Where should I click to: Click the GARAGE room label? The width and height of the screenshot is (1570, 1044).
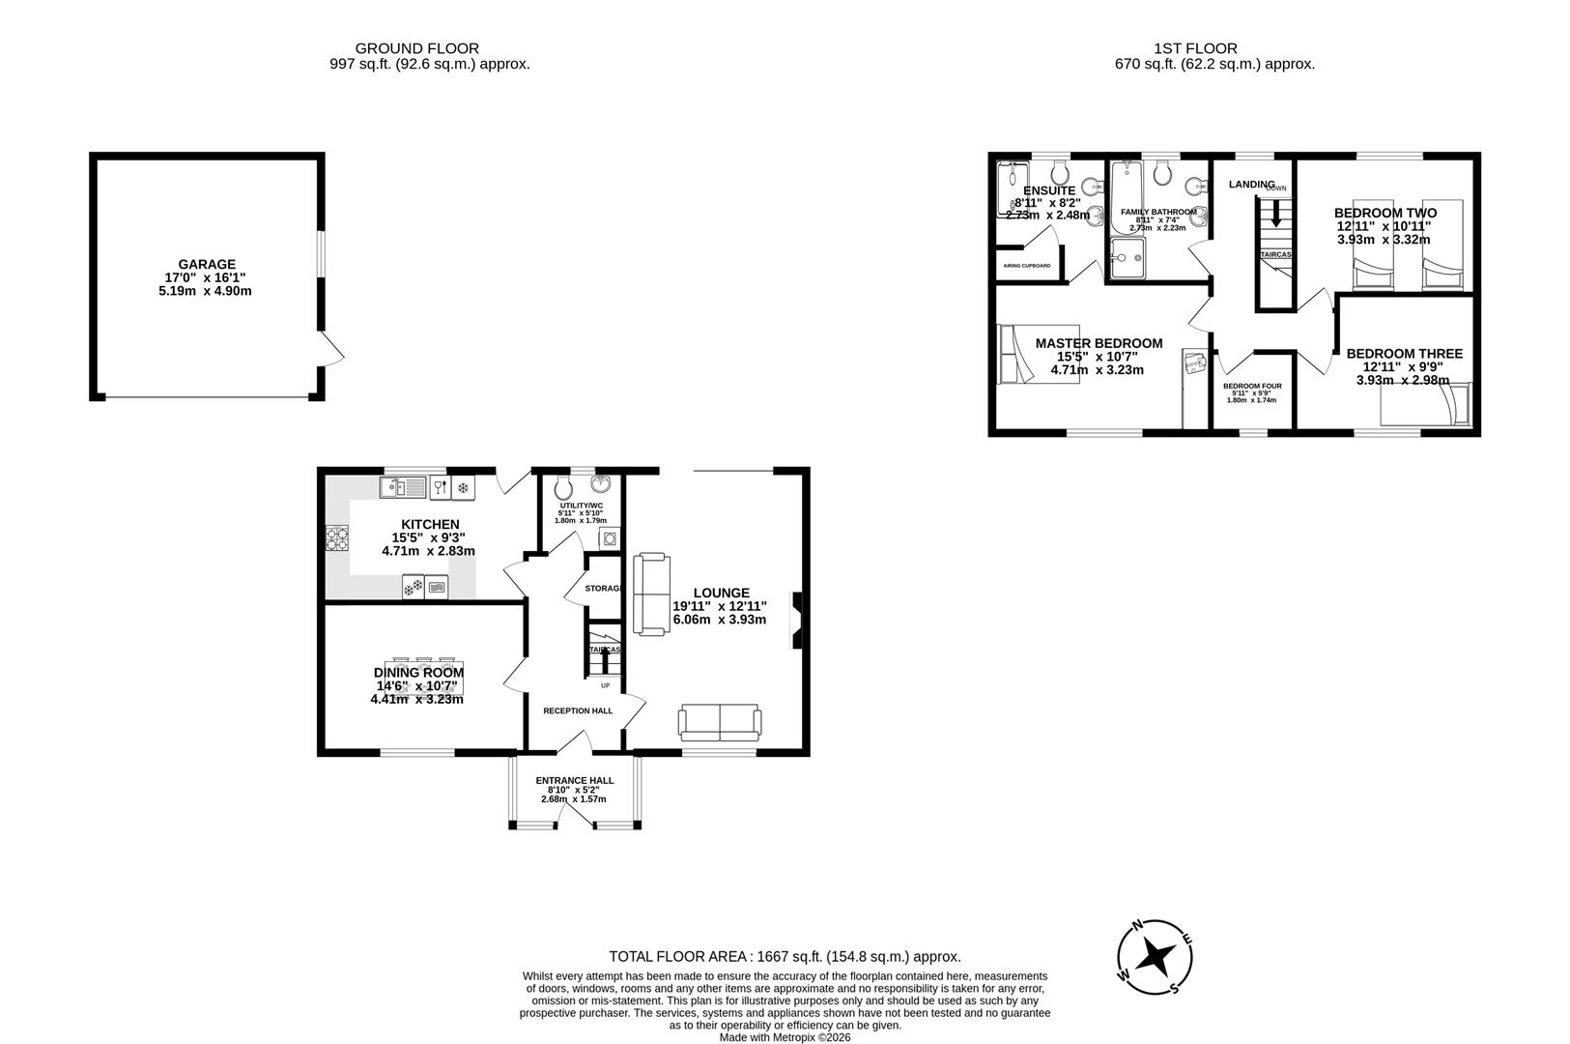pos(206,264)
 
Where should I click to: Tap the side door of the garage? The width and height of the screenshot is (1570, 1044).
pos(331,350)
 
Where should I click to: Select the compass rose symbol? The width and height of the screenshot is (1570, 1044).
pos(1155,957)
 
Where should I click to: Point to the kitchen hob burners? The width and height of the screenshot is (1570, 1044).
pos(337,537)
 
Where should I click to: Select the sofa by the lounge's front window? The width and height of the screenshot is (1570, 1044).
pos(720,722)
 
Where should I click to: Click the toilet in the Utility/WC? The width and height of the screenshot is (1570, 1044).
pos(564,486)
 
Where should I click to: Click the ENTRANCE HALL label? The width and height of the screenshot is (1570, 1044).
pos(575,780)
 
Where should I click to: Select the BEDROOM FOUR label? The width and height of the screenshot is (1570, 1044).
pos(1252,386)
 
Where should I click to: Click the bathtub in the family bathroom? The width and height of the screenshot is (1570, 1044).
pos(1122,198)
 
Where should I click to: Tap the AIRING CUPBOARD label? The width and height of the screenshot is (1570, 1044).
pos(1026,265)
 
